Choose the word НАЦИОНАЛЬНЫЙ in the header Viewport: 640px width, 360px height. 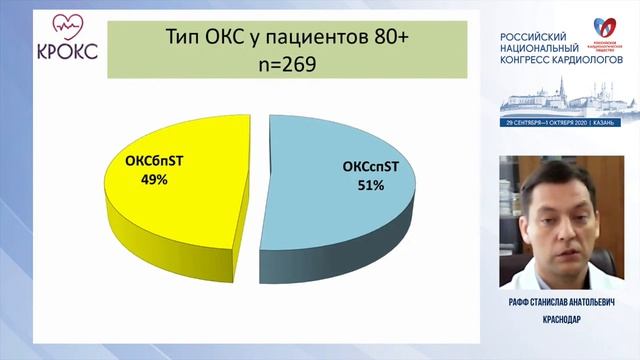point(539,46)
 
